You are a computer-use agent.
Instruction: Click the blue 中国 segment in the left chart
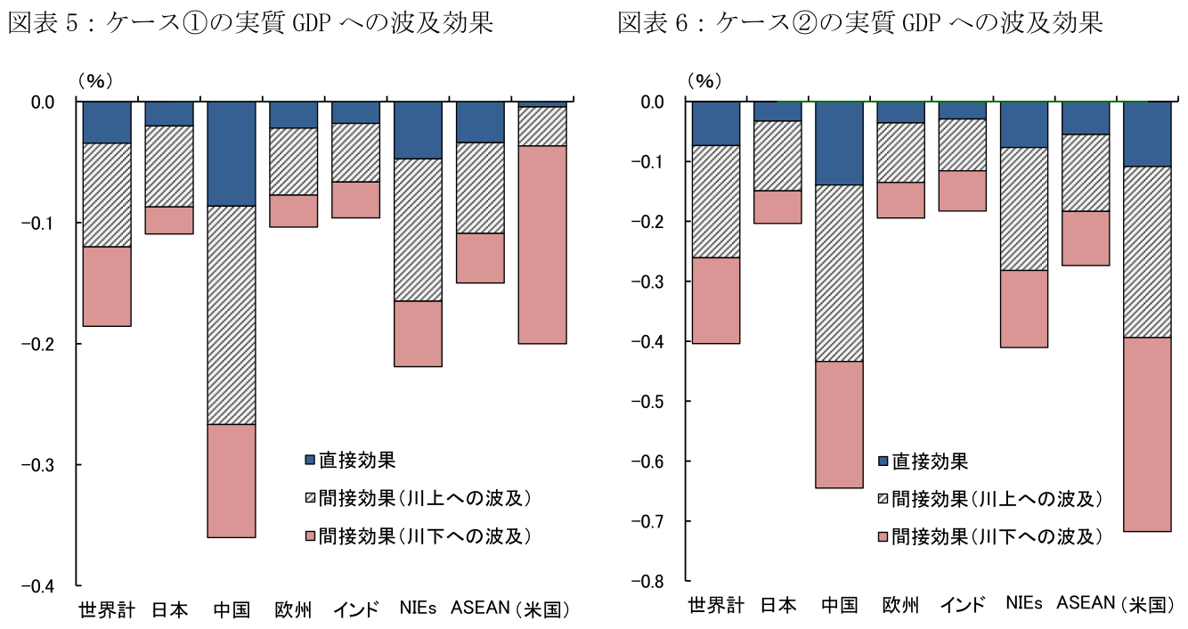(232, 153)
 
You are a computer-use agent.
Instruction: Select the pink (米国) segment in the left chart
(542, 244)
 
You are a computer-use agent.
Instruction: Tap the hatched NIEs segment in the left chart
(419, 230)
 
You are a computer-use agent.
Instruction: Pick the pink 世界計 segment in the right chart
(715, 300)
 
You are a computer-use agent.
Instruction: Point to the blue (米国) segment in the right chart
(1147, 134)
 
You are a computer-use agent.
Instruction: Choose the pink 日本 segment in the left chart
(169, 220)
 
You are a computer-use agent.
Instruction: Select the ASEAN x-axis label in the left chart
(480, 609)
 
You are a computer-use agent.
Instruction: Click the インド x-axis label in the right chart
(963, 605)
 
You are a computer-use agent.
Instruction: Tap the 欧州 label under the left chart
(293, 610)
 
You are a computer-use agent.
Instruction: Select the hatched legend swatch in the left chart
(310, 498)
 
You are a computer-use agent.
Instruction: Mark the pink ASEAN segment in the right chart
(1085, 238)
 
